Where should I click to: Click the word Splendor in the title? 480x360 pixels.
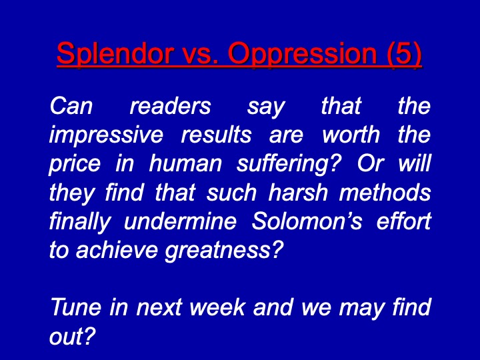coord(115,53)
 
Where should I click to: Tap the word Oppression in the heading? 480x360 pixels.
coord(303,53)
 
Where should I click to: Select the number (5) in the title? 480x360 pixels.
coord(405,53)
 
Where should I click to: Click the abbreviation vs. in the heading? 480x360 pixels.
coord(200,54)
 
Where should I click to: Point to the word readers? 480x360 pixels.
coord(170,106)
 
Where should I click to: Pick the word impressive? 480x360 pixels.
coord(106,135)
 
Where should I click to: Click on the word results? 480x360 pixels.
coord(216,135)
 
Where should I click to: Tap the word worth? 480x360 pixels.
coord(351,135)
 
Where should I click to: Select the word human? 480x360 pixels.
coord(185,164)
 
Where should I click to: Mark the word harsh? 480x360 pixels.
coord(298,193)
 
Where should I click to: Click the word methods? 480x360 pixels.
coord(385,193)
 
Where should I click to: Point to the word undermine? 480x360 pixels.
coord(180,221)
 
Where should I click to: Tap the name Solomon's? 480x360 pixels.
coord(307,221)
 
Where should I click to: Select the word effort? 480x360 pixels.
coord(404,221)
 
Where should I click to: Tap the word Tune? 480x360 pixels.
coord(76,307)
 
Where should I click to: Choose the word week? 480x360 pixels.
coord(217,307)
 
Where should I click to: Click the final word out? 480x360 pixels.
coord(73,337)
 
